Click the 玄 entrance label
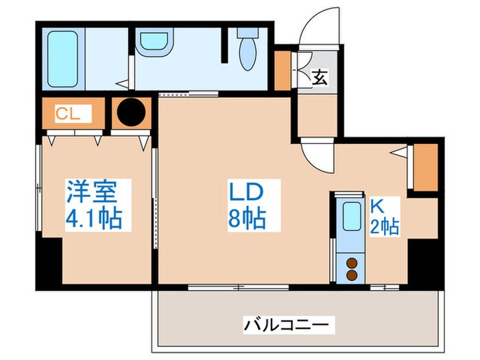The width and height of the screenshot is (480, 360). coord(319,77)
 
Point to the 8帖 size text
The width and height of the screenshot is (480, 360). coord(247,220)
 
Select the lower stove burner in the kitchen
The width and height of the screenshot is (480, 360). coord(352,274)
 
